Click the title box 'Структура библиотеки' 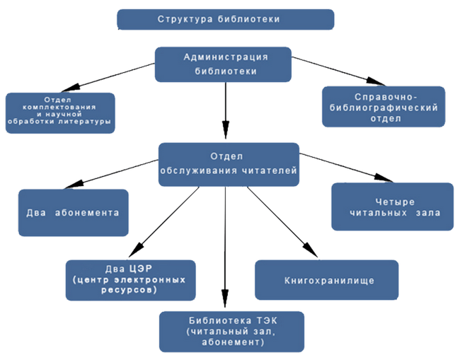point(225,19)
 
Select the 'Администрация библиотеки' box point(225,63)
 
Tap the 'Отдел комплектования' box point(59,112)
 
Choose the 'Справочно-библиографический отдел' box point(384,106)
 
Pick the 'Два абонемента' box point(74,212)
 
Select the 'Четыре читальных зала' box point(392,207)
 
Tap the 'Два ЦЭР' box point(130,279)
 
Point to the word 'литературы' point(86,120)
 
